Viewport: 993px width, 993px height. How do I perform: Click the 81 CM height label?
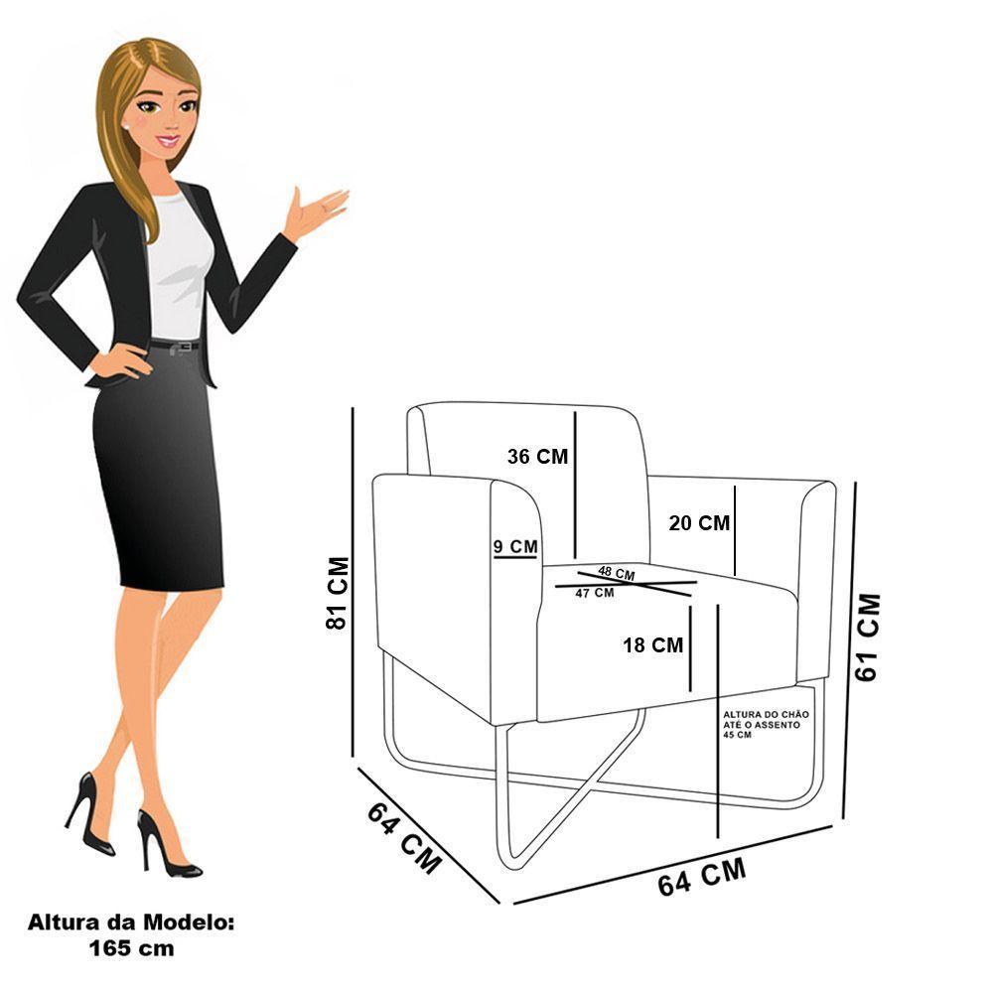point(337,594)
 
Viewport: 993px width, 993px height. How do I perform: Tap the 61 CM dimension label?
point(867,638)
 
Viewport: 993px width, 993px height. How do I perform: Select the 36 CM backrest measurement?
point(537,457)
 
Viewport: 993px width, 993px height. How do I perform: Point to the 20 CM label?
point(699,523)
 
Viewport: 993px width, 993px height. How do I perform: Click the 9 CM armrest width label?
point(515,546)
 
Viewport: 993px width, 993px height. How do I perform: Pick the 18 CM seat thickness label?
point(653,645)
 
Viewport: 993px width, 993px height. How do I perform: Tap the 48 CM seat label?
point(617,573)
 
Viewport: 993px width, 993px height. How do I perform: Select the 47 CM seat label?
point(595,593)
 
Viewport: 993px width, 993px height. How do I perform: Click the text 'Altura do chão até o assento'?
point(767,719)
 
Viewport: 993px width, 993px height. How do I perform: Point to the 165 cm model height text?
point(131,948)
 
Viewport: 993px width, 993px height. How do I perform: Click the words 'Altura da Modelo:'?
point(131,922)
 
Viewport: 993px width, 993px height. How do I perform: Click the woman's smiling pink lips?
point(169,141)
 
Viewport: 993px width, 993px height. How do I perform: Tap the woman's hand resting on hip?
point(120,360)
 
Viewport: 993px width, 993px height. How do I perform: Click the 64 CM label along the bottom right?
point(702,877)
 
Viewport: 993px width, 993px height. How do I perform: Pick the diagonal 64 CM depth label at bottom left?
point(404,837)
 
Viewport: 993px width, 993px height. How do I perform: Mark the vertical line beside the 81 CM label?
point(353,582)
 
